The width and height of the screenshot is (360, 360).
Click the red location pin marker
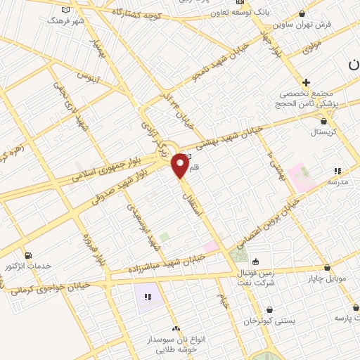181,165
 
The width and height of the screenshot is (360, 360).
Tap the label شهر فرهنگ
65,20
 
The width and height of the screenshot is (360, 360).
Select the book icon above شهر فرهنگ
66,10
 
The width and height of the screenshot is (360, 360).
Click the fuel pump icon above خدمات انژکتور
27,255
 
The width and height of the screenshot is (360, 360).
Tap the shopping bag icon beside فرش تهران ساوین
302,13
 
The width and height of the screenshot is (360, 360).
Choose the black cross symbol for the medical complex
306,82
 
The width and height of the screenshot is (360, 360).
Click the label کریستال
323,131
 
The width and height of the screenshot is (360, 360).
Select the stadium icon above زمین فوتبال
255,259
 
